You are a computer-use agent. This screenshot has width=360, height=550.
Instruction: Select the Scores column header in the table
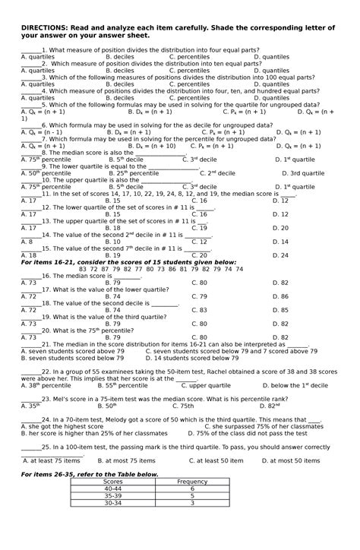tap(112, 482)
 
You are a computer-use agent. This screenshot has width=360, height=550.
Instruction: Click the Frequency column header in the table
tap(191, 482)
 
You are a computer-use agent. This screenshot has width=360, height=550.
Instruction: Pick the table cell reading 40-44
tap(112, 488)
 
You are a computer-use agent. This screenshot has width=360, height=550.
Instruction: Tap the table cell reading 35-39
tap(112, 495)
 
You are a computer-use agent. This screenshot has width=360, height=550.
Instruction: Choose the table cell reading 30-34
tap(112, 503)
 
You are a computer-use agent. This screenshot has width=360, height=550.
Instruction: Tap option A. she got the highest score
tap(57, 426)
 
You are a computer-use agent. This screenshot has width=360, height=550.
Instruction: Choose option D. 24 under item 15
tap(280, 255)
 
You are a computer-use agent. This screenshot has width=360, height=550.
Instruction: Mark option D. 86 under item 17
tap(280, 296)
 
